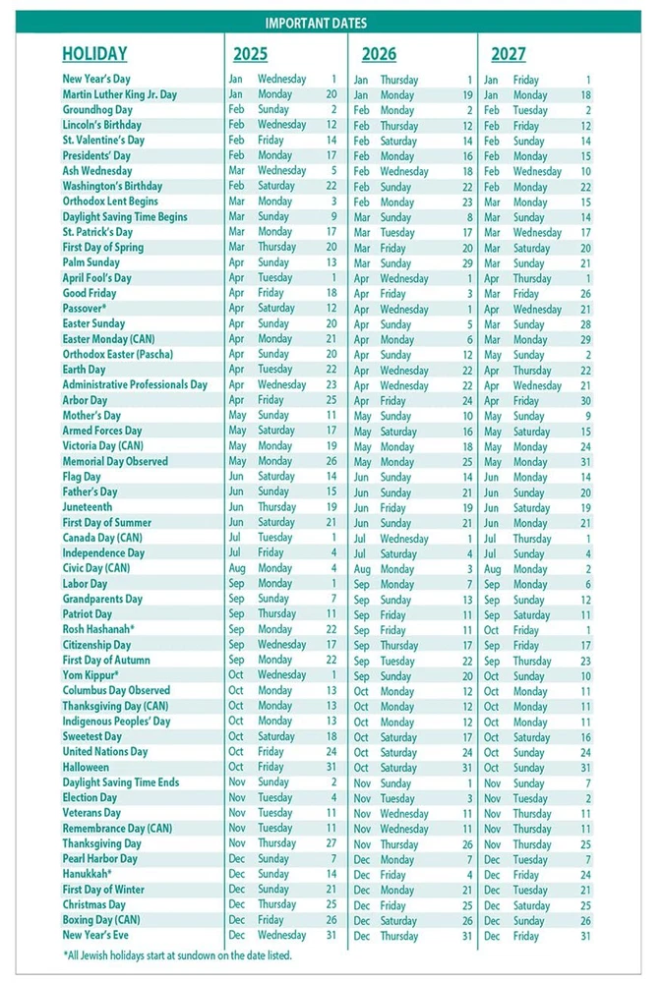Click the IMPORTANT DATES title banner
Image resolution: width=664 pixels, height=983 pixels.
point(331,23)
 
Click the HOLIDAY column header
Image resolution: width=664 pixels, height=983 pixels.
point(94,54)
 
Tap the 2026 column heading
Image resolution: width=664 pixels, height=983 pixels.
point(379,54)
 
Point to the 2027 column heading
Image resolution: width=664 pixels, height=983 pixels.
point(508,54)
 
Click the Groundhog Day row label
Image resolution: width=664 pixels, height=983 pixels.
point(96,110)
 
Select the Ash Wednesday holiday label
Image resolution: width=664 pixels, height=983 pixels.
point(96,171)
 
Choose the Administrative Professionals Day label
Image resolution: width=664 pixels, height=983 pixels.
point(135,385)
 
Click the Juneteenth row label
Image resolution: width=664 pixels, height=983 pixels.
point(88,507)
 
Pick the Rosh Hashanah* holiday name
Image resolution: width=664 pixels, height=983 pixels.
point(98,629)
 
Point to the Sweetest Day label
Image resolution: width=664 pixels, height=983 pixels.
point(91,736)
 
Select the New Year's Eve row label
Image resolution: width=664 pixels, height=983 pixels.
point(94,935)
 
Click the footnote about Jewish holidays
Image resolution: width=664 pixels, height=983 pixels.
point(177,955)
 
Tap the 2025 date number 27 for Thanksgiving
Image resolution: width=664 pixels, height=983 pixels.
point(331,843)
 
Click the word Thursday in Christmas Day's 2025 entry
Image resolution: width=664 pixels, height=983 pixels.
point(276,904)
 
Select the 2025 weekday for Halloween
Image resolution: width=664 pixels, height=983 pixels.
point(271,767)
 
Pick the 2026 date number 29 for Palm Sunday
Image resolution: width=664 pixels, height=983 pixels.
point(467,263)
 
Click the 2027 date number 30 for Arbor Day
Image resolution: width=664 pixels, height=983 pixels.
point(585,401)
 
